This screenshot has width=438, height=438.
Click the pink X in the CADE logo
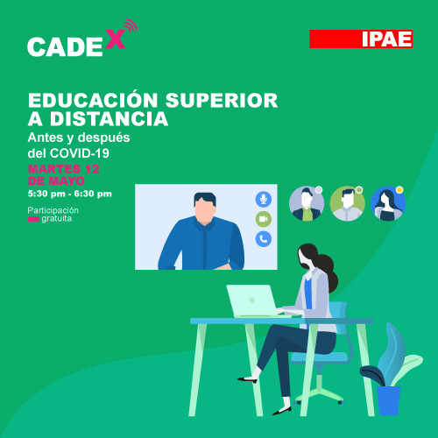point(116,39)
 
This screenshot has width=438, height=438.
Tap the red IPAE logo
point(361,39)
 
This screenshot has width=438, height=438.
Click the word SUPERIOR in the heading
point(222,101)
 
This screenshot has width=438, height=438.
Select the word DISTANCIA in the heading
point(109,119)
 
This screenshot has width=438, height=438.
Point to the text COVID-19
point(80,153)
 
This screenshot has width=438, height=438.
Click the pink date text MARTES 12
point(64,169)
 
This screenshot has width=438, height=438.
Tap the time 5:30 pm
point(46,194)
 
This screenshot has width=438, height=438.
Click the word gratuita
point(56,219)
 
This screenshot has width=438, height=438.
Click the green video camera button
point(264,219)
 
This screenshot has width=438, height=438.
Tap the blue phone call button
point(264,239)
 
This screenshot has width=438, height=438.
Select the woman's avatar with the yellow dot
point(388,203)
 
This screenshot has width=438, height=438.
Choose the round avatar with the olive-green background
point(348,203)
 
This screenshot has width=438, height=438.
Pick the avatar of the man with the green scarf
point(307,203)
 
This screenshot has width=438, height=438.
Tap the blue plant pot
point(388,400)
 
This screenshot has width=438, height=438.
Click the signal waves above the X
point(131,25)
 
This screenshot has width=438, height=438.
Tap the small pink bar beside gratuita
point(33,219)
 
